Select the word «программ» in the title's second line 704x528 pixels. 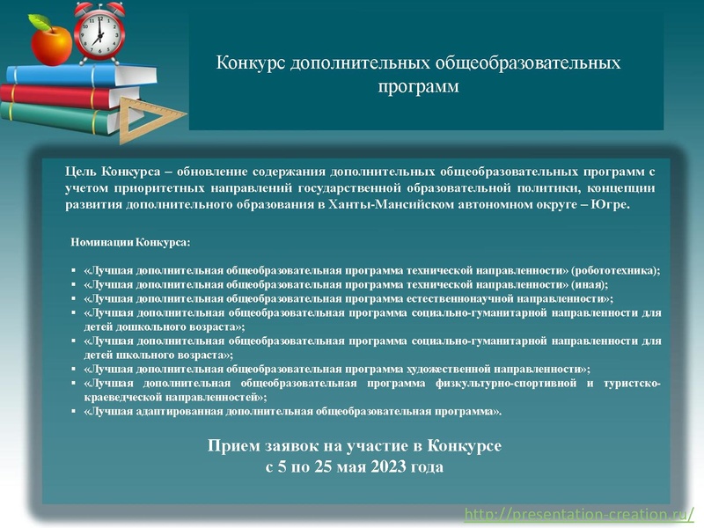[419, 87]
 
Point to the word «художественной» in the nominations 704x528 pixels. [456, 369]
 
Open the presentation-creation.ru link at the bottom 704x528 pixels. [583, 513]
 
